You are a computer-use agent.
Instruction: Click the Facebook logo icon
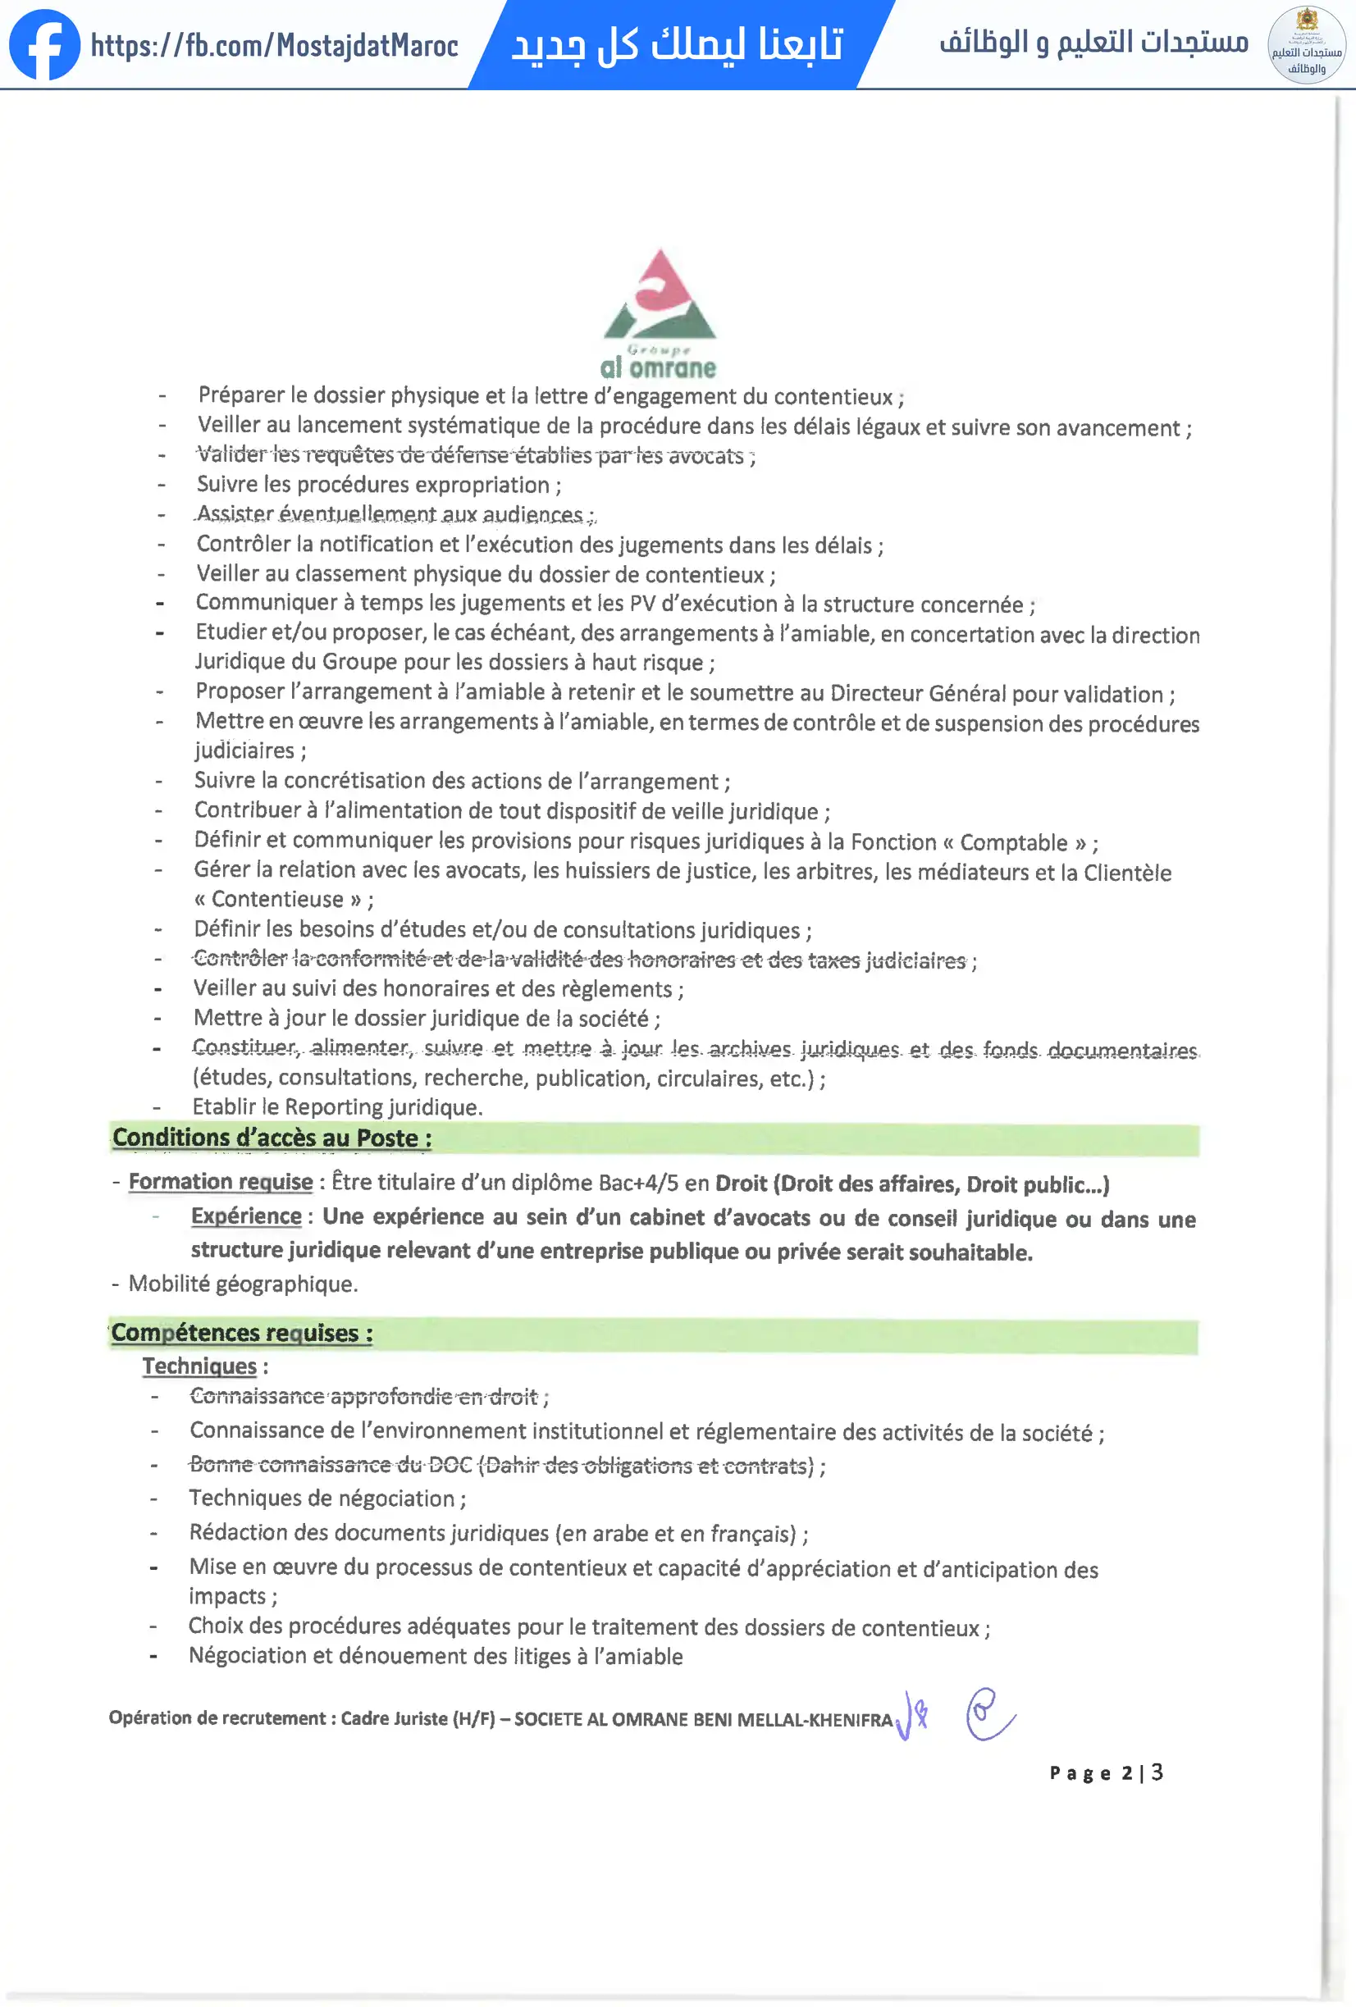pyautogui.click(x=45, y=45)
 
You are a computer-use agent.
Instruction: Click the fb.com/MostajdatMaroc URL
pyautogui.click(x=275, y=46)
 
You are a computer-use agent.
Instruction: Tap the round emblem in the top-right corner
pyautogui.click(x=1306, y=45)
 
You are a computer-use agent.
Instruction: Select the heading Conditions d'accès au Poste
pyautogui.click(x=272, y=1138)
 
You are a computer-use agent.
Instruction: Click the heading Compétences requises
pyautogui.click(x=242, y=1333)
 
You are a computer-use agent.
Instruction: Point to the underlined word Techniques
pyautogui.click(x=199, y=1366)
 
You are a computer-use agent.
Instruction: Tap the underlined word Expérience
pyautogui.click(x=246, y=1216)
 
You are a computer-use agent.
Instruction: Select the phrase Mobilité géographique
pyautogui.click(x=243, y=1284)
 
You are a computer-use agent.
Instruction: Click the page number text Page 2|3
pyautogui.click(x=1107, y=1773)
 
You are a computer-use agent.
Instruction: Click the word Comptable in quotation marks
pyautogui.click(x=1014, y=842)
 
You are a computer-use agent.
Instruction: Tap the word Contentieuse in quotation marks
pyautogui.click(x=277, y=900)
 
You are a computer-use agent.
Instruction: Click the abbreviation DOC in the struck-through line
pyautogui.click(x=450, y=1465)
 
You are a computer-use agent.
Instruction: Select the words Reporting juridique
pyautogui.click(x=382, y=1107)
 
